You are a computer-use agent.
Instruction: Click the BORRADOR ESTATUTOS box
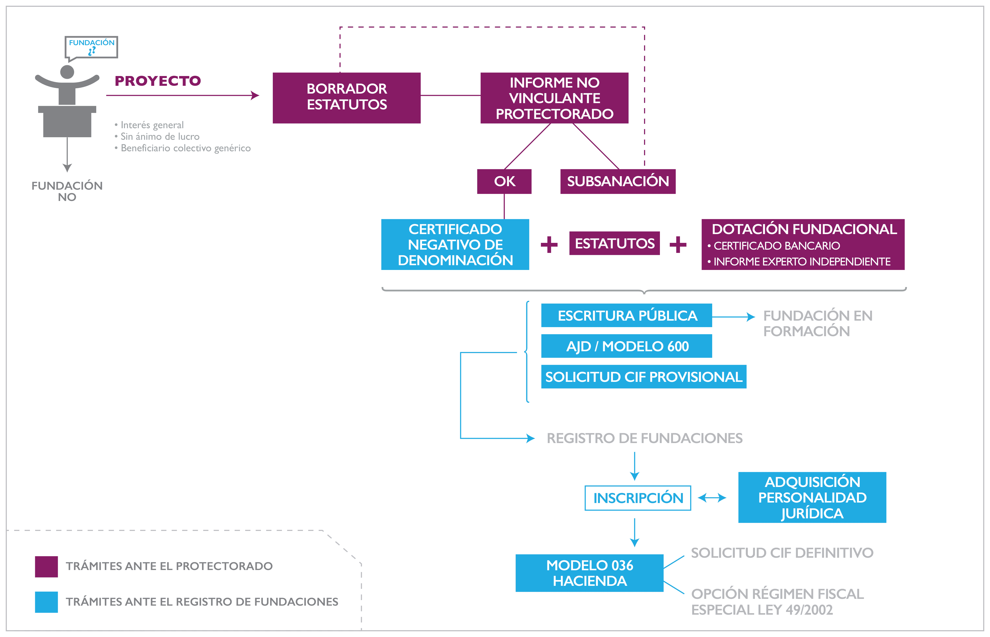click(347, 98)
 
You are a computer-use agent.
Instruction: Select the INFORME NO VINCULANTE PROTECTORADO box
click(554, 98)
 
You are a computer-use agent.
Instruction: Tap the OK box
click(504, 181)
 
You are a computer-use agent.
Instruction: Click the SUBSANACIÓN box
click(618, 181)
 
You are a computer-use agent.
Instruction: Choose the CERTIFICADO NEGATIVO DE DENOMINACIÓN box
click(455, 244)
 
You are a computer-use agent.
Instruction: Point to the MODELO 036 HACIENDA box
click(589, 573)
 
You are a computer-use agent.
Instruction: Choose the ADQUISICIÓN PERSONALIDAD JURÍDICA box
click(812, 497)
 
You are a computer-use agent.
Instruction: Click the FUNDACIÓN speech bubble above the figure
click(91, 46)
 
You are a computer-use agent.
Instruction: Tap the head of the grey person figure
click(67, 72)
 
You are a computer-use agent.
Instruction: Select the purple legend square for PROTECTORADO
click(46, 566)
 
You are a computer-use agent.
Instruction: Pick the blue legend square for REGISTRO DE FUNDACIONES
click(46, 602)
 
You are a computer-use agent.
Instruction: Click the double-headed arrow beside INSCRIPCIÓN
click(712, 498)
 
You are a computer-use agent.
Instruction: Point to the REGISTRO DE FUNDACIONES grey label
click(644, 438)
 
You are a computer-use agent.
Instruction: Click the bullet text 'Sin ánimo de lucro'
click(160, 136)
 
